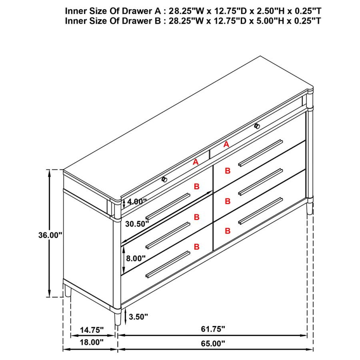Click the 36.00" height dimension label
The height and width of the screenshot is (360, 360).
(x=50, y=235)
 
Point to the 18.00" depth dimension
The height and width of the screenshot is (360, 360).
(x=91, y=342)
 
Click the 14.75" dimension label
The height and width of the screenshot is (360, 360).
(x=91, y=330)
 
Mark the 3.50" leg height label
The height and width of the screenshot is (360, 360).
(x=138, y=316)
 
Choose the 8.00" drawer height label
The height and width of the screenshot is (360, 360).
(x=136, y=258)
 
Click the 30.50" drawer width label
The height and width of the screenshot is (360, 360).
(x=137, y=224)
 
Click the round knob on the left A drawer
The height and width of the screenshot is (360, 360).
(x=164, y=179)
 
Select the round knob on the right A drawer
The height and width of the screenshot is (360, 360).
(x=257, y=126)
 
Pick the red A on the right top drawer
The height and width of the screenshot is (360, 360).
(x=226, y=145)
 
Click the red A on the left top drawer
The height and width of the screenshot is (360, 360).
(x=196, y=162)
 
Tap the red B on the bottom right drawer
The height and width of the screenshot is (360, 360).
(x=228, y=231)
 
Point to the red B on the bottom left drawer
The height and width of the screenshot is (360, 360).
(x=196, y=247)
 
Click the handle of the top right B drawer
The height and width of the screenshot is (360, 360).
(x=260, y=153)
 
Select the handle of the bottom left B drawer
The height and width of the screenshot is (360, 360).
(x=168, y=264)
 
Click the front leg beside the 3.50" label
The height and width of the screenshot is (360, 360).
(x=117, y=318)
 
